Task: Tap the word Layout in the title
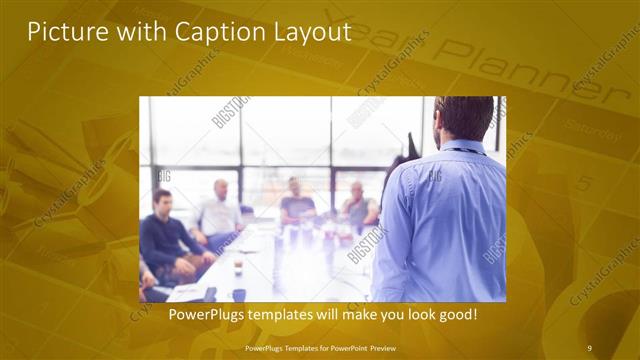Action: [311, 32]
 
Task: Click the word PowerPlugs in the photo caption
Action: [203, 315]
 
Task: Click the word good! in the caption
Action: [458, 315]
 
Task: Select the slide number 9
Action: [590, 347]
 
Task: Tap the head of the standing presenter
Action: [463, 119]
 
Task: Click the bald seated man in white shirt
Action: [219, 209]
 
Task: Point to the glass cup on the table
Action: [238, 268]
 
